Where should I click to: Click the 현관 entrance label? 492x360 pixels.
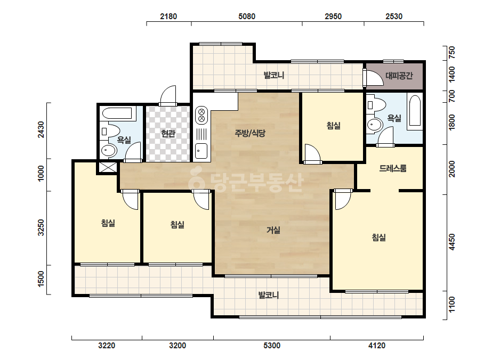tap(168, 134)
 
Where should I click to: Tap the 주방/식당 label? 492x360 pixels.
tap(250, 133)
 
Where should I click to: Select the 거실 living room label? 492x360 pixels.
tap(273, 230)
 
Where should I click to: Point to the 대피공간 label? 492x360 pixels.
tap(399, 76)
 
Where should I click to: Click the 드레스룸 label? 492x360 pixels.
tap(393, 168)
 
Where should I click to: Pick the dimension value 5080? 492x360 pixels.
tap(247, 17)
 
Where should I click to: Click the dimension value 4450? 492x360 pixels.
tap(452, 242)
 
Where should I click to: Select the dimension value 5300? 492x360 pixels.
tap(272, 346)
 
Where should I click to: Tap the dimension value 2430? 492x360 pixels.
tap(41, 130)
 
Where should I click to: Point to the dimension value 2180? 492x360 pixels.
tap(168, 17)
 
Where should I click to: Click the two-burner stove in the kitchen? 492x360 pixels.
tap(201, 116)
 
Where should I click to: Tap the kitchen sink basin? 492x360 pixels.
tap(201, 151)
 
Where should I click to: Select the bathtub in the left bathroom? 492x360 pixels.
tap(117, 114)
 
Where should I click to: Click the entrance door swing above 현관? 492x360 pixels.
tap(168, 96)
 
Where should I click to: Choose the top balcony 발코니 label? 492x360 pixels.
tap(274, 75)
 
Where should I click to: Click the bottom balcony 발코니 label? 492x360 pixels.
tap(269, 295)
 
